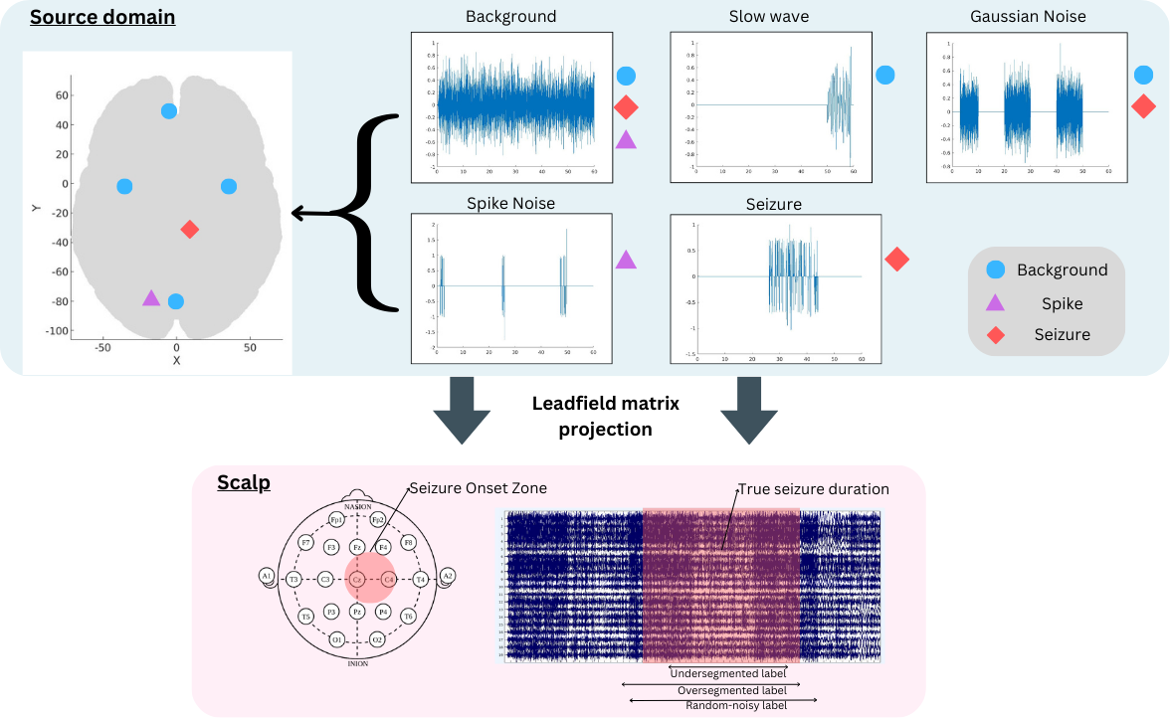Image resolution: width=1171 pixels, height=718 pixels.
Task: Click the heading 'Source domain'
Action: tap(102, 17)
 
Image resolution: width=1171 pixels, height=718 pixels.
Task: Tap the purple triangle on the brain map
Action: tap(150, 297)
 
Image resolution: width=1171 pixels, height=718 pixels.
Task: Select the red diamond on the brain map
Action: tap(190, 230)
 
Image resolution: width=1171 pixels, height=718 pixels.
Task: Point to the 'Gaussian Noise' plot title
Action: tap(1028, 17)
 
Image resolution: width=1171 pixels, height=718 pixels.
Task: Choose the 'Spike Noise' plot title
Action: tap(510, 203)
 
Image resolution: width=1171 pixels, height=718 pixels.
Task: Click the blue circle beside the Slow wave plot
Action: tap(884, 75)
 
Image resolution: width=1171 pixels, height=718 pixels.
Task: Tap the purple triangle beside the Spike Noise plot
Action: tap(626, 260)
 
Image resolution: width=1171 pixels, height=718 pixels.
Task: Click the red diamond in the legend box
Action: tap(996, 335)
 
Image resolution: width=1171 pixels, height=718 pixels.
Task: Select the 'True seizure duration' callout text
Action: tap(813, 489)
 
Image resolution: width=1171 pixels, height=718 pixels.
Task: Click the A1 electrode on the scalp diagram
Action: tap(267, 576)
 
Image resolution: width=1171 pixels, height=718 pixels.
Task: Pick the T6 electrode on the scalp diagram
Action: tap(408, 617)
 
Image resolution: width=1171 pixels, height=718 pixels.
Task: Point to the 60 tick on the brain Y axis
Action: tap(62, 95)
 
